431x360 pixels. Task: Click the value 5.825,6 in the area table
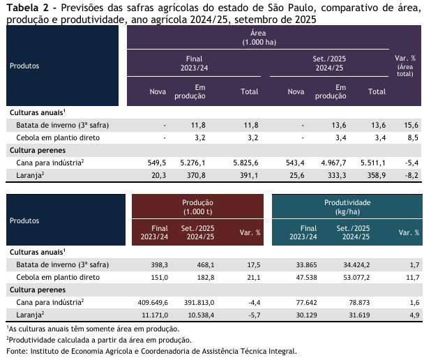(245, 162)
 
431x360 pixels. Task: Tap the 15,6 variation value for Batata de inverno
(411, 125)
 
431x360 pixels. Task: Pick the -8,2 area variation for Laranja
(410, 174)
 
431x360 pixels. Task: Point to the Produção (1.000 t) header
(197, 206)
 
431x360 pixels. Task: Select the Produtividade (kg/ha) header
(347, 206)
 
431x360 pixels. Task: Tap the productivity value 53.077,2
(353, 277)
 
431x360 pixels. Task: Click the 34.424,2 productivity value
(353, 264)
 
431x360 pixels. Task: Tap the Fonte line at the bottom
(151, 352)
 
